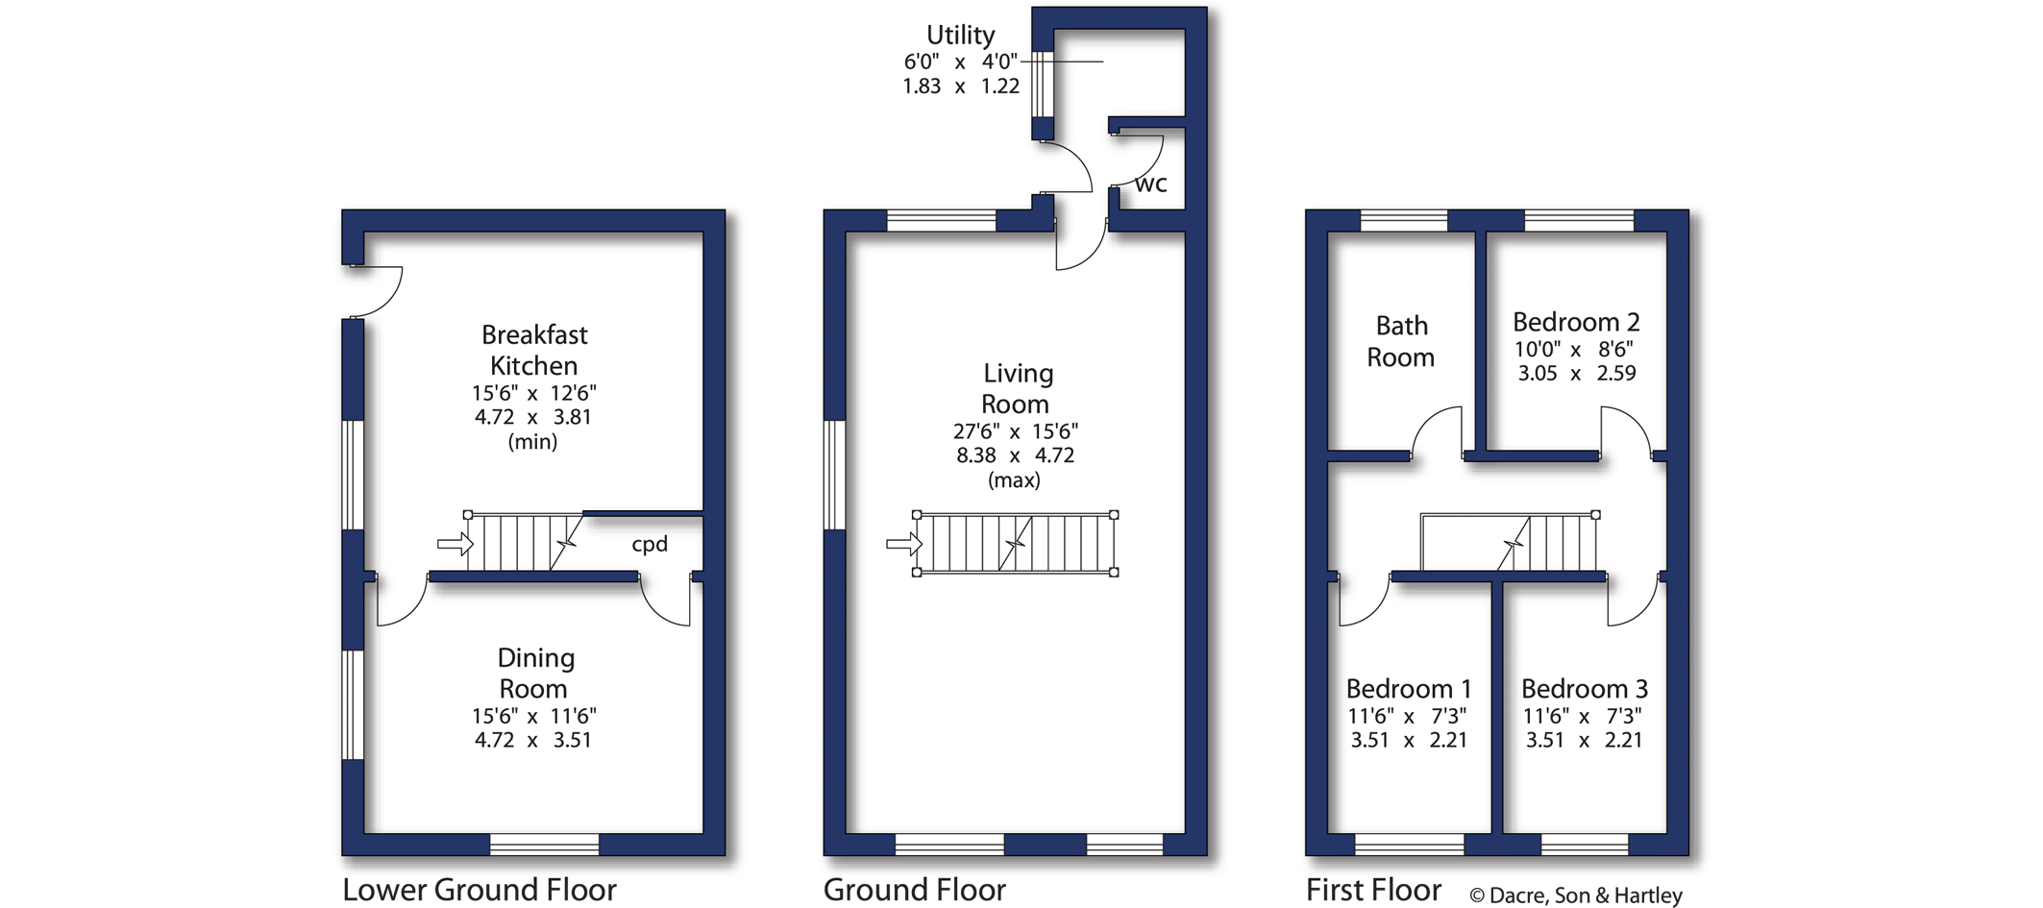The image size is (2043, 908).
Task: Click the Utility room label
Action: tap(960, 36)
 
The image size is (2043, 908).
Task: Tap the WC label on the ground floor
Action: tap(1151, 184)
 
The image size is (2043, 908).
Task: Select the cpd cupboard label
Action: tap(650, 544)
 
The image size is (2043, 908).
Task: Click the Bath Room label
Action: tap(1401, 341)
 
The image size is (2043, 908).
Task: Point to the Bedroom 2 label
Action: tap(1576, 322)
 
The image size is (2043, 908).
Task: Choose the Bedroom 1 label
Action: tap(1409, 689)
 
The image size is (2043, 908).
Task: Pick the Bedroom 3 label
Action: tap(1585, 689)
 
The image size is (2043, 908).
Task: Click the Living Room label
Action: tap(1017, 388)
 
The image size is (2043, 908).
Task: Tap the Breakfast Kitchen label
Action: tap(534, 350)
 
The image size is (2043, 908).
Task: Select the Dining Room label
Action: tap(535, 673)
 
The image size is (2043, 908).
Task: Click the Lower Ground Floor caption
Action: tap(480, 890)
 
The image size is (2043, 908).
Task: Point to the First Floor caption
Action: tap(1373, 890)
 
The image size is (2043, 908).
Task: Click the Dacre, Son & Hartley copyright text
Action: tap(1576, 896)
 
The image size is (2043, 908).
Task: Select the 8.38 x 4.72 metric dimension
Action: tap(1015, 455)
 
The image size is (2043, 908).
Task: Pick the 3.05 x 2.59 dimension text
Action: tap(1577, 373)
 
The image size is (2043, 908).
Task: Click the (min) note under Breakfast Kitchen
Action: tap(532, 442)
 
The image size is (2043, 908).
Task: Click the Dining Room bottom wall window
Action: tap(545, 845)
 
